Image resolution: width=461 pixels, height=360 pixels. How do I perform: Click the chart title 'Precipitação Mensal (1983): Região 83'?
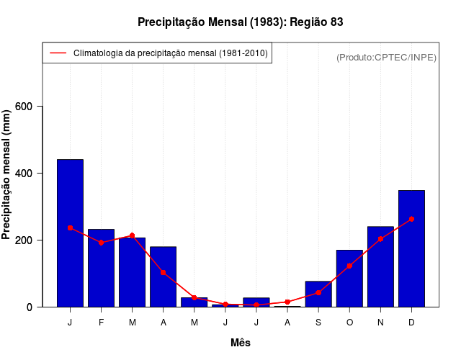click(240, 22)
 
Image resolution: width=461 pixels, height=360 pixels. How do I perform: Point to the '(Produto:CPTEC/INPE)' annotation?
click(386, 58)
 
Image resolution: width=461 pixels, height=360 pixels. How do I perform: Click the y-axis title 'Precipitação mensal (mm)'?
click(7, 175)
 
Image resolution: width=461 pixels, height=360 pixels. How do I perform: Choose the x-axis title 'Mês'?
click(240, 343)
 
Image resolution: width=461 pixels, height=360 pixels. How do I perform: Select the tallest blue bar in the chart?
click(70, 233)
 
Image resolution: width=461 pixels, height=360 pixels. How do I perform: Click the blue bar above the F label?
click(101, 268)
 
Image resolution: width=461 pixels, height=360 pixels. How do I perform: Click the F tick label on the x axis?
click(101, 322)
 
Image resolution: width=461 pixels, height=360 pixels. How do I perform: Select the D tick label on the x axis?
click(411, 322)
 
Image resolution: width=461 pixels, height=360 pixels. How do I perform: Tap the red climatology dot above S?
click(318, 292)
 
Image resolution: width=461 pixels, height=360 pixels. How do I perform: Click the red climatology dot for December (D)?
click(411, 219)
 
